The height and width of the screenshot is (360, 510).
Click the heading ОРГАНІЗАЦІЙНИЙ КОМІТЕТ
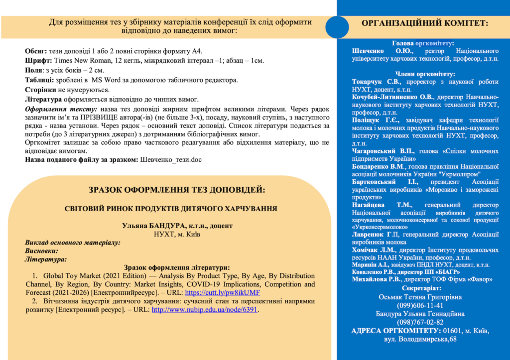tap(424, 23)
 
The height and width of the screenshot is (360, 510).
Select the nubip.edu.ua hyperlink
tap(205, 309)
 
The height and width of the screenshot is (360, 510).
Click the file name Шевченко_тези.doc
tap(171, 159)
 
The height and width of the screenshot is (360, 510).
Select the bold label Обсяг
tap(36, 51)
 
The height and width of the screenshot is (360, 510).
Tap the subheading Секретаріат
tap(423, 289)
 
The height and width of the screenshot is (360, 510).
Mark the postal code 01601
tap(452, 331)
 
